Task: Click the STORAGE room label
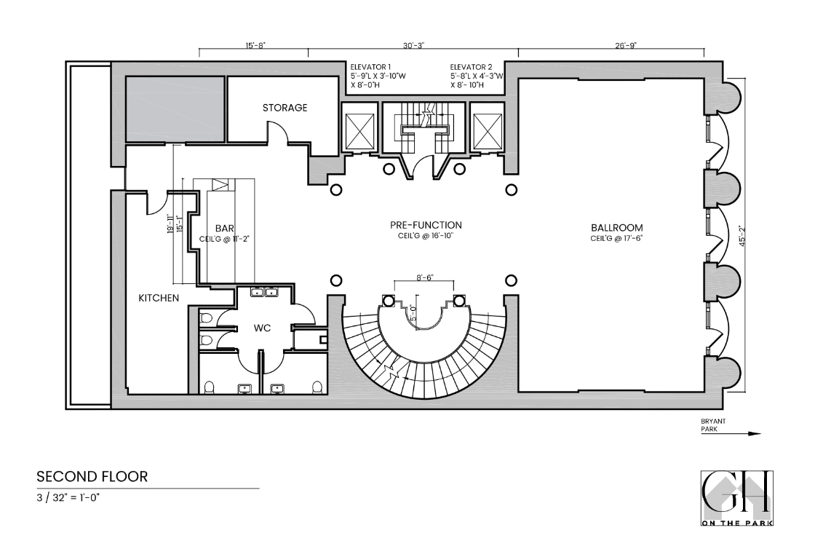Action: [285, 108]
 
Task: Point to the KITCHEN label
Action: [159, 298]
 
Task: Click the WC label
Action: [262, 328]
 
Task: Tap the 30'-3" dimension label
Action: [413, 45]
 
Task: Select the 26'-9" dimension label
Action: [611, 45]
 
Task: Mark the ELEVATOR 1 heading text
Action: [370, 67]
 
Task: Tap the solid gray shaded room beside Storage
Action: [175, 108]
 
